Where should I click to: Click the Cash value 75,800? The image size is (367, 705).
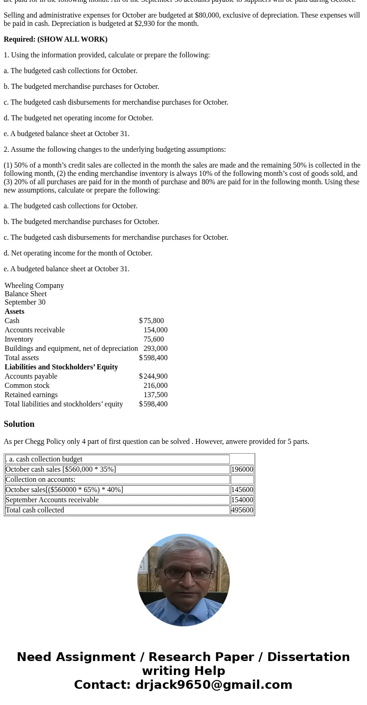click(153, 321)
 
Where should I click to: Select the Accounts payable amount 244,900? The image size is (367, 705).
click(155, 376)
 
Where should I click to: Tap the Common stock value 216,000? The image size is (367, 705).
click(155, 386)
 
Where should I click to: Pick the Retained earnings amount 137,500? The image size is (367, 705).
click(155, 395)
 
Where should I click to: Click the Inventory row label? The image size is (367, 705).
click(19, 339)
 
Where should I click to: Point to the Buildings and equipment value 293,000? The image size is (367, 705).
click(155, 349)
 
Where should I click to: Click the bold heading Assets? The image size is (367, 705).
click(14, 312)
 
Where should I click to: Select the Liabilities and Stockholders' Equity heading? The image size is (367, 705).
click(61, 367)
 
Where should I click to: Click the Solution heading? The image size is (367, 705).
click(19, 424)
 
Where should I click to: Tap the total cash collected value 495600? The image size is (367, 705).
click(242, 510)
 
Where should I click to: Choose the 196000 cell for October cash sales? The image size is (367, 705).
click(242, 469)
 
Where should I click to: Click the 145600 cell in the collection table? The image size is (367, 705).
click(242, 490)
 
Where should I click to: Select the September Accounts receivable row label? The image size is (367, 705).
click(52, 500)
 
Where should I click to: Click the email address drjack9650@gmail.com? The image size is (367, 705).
click(214, 685)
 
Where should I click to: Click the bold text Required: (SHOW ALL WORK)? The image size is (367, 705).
click(55, 39)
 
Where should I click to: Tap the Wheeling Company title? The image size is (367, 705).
click(34, 286)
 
